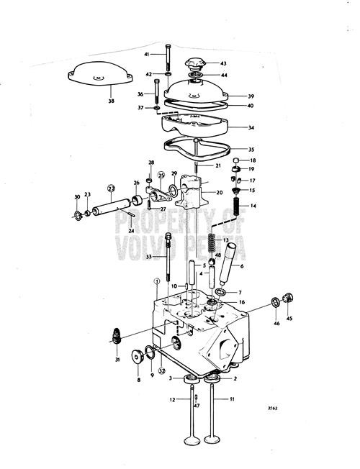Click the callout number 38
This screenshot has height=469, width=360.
(111, 101)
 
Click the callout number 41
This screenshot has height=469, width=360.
(146, 55)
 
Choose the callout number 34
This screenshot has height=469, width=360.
(251, 128)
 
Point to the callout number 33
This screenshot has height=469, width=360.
(149, 256)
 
